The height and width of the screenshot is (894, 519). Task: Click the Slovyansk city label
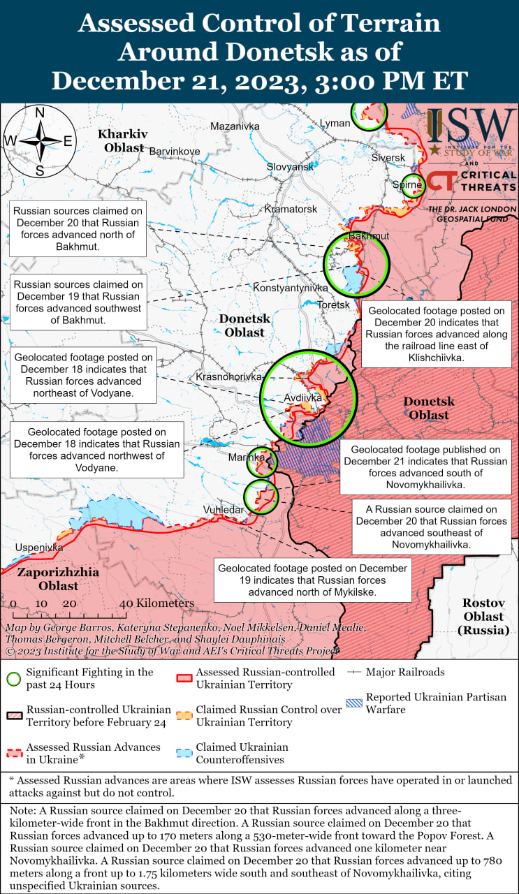290,167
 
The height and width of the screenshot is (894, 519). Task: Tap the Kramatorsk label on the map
291,209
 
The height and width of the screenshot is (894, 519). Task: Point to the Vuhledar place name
224,510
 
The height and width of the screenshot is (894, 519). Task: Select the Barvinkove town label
175,151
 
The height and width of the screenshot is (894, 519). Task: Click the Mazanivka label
235,126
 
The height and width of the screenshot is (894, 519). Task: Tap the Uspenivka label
39,548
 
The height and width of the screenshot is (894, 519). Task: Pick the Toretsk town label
333,305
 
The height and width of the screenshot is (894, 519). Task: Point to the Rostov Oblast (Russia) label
483,616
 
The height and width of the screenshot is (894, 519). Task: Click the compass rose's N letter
40,113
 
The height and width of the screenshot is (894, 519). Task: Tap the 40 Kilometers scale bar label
156,603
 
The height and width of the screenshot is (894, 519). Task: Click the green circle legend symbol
14,678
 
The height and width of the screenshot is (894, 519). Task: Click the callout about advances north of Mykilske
312,580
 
